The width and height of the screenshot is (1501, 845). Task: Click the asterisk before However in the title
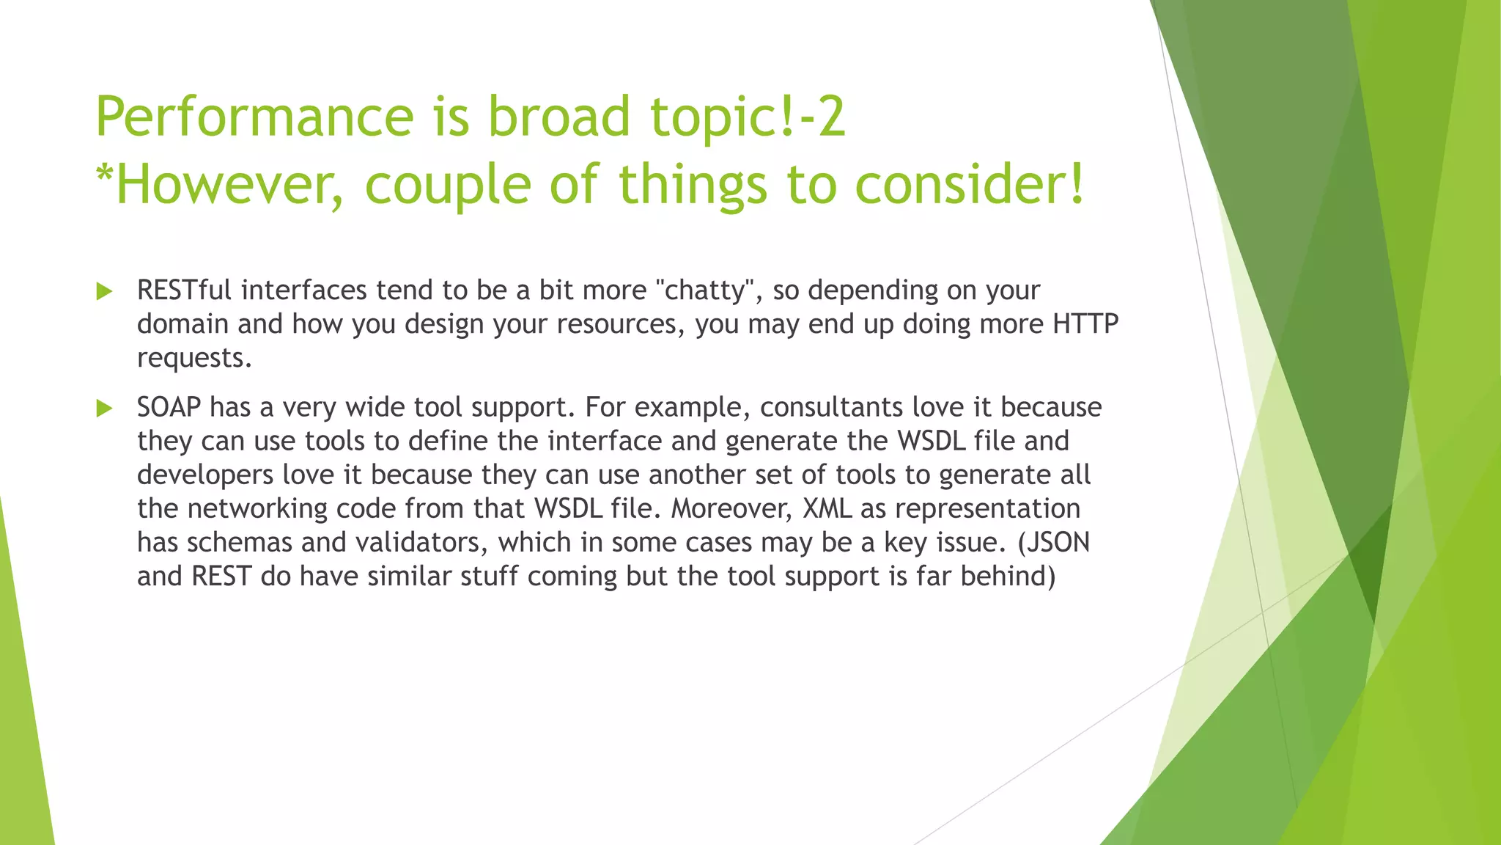pyautogui.click(x=105, y=173)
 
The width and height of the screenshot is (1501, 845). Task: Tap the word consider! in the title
pyautogui.click(x=969, y=184)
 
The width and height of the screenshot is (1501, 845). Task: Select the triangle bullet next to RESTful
pyautogui.click(x=104, y=292)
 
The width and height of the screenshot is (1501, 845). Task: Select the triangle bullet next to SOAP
pyautogui.click(x=104, y=409)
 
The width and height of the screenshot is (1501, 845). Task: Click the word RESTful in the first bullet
pyautogui.click(x=184, y=290)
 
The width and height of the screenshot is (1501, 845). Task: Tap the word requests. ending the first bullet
pyautogui.click(x=194, y=359)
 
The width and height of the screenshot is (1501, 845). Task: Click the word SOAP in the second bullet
pyautogui.click(x=169, y=407)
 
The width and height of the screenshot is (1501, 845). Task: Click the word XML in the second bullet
pyautogui.click(x=827, y=509)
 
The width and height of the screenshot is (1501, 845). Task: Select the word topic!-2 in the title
pyautogui.click(x=748, y=117)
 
